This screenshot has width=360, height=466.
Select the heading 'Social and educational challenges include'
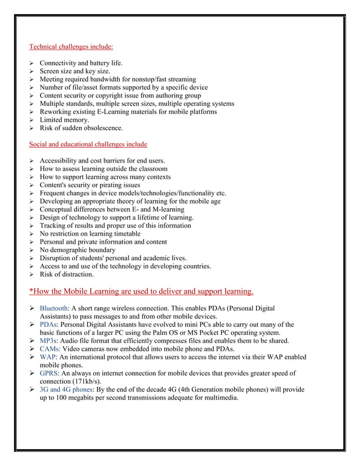88,144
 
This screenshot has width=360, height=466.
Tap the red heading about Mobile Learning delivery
141,291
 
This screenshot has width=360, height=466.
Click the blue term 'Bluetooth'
54,309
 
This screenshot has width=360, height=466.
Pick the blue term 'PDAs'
48,324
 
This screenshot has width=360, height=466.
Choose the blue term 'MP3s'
49,341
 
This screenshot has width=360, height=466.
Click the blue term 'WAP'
48,357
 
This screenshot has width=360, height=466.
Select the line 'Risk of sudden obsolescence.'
81,128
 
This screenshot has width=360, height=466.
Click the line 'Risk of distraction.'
67,274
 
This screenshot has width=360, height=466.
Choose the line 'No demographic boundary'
77,250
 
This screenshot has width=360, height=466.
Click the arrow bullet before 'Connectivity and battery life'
32,63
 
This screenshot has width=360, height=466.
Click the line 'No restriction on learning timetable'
90,234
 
